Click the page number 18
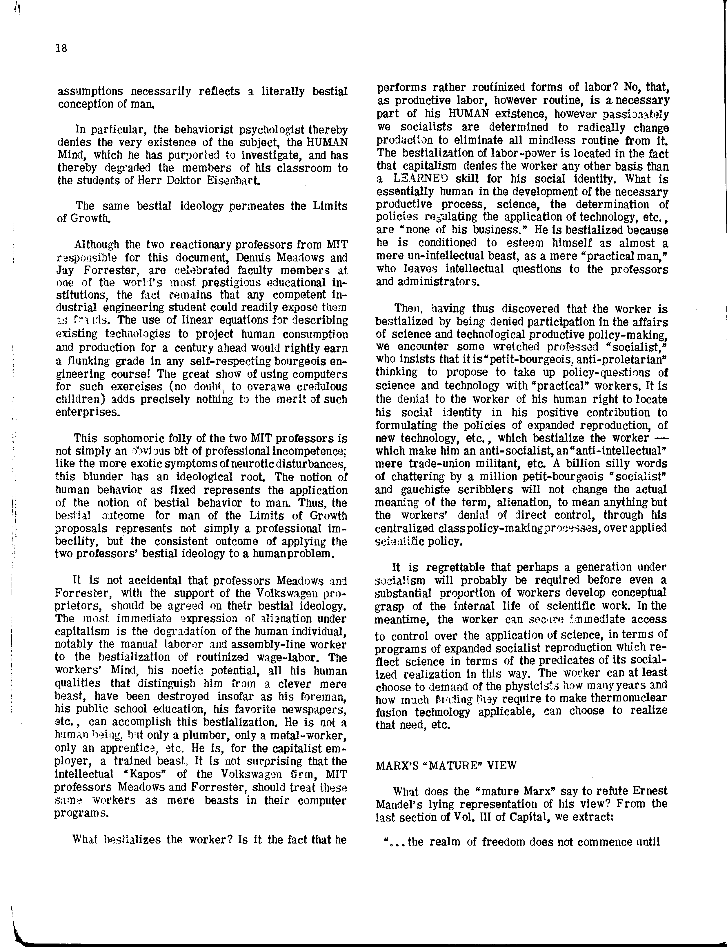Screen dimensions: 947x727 61,48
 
